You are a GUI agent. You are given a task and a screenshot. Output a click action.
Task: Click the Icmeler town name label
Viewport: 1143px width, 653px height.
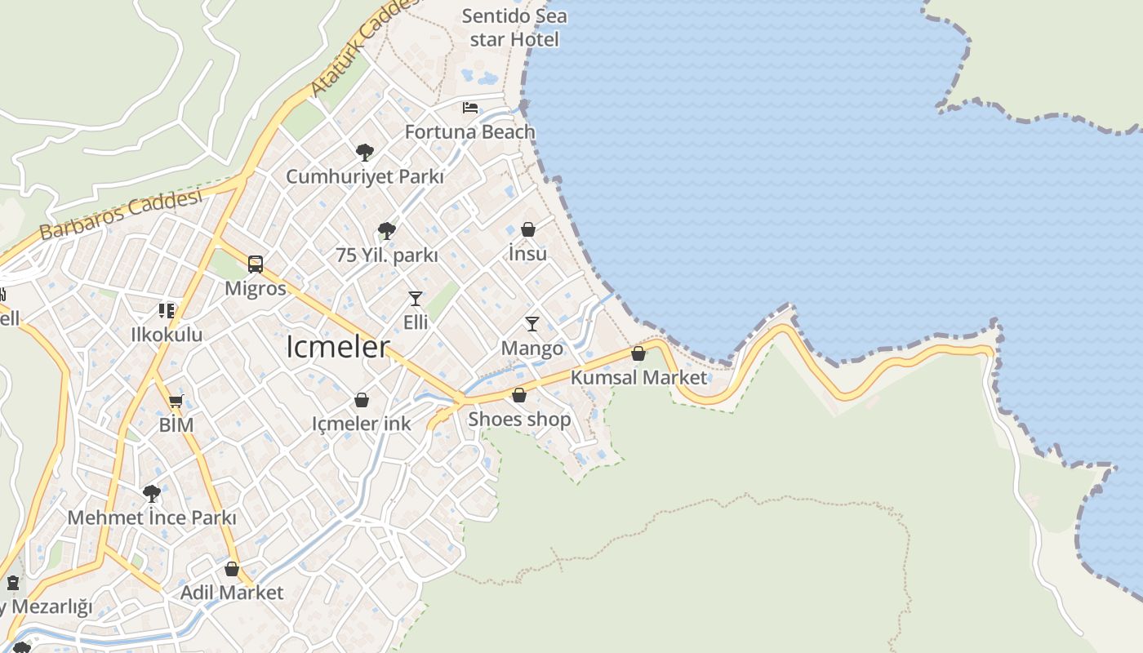[x=338, y=347]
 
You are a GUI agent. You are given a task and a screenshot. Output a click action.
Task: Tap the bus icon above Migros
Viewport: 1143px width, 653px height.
[x=256, y=264]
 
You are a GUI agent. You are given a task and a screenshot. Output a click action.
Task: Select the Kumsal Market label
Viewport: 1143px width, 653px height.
[x=638, y=377]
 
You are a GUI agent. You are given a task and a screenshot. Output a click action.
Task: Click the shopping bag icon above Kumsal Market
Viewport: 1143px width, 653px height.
[x=638, y=353]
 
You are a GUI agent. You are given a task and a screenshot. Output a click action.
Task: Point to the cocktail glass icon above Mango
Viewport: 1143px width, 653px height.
[x=532, y=324]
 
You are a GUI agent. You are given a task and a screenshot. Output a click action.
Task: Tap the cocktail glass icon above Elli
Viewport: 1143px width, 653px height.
[x=416, y=298]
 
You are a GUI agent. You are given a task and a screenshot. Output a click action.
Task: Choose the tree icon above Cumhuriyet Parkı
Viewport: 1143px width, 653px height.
[x=365, y=152]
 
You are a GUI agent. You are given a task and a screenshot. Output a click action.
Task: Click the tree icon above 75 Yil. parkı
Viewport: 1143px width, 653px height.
[x=387, y=231]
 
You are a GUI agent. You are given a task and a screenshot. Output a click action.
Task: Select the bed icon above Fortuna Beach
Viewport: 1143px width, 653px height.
[x=470, y=107]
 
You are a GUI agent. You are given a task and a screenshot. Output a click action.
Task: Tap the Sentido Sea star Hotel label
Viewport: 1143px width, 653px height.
[x=514, y=27]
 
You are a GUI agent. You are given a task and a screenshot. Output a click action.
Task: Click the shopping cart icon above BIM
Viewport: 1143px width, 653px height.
[x=176, y=401]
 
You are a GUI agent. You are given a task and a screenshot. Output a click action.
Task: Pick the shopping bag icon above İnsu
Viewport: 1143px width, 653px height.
[x=528, y=229]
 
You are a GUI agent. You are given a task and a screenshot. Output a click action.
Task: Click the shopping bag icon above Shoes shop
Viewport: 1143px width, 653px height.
[x=519, y=396]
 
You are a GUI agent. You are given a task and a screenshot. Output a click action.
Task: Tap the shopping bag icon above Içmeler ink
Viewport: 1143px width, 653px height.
[x=362, y=400]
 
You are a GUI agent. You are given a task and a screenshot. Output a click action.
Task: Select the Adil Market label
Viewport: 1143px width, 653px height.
[x=232, y=593]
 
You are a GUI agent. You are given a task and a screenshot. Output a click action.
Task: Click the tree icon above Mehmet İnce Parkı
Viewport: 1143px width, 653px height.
[x=152, y=493]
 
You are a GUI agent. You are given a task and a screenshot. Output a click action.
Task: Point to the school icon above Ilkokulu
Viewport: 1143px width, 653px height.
[x=167, y=310]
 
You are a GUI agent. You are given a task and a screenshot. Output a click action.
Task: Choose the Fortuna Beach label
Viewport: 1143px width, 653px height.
[x=470, y=131]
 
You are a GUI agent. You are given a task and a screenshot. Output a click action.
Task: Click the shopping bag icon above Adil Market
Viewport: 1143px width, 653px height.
[x=232, y=569]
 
